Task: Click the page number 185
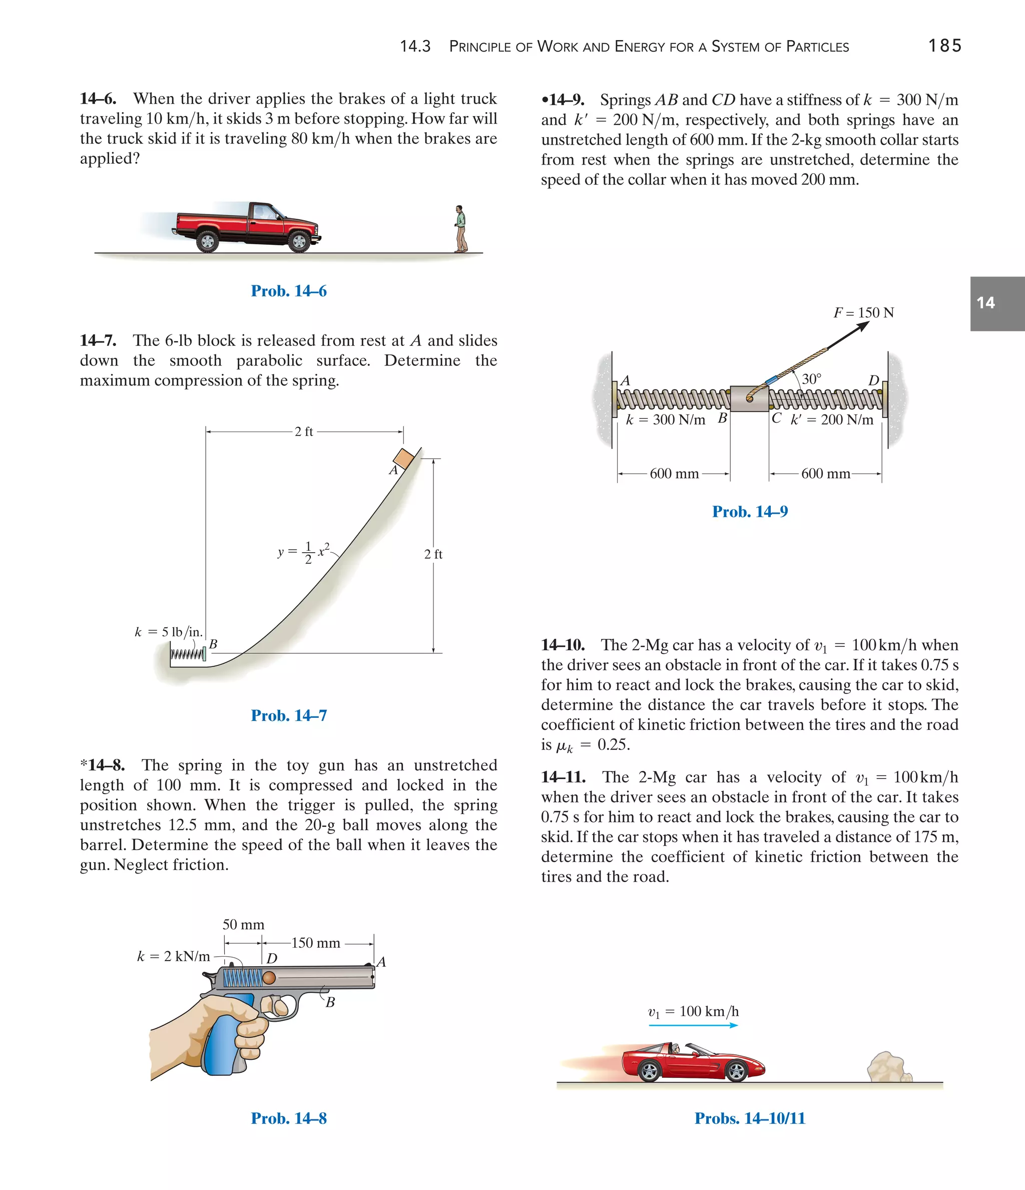pyautogui.click(x=944, y=46)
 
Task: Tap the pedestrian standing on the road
pyautogui.click(x=460, y=229)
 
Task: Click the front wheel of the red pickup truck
pyautogui.click(x=299, y=241)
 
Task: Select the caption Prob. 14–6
pyautogui.click(x=288, y=291)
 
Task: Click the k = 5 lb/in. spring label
pyautogui.click(x=168, y=632)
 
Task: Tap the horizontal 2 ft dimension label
pyautogui.click(x=304, y=432)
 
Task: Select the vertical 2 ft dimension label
pyautogui.click(x=433, y=554)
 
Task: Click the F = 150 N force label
pyautogui.click(x=864, y=313)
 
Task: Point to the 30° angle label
pyautogui.click(x=811, y=379)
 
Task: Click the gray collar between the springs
pyautogui.click(x=749, y=398)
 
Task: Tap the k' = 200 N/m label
pyautogui.click(x=831, y=420)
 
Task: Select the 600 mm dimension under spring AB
pyautogui.click(x=674, y=474)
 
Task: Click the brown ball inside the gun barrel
pyautogui.click(x=269, y=978)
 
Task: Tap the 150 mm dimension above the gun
pyautogui.click(x=316, y=943)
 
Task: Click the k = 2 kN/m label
pyautogui.click(x=173, y=956)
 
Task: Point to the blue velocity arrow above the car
pyautogui.click(x=693, y=1025)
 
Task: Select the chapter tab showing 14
pyautogui.click(x=997, y=303)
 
